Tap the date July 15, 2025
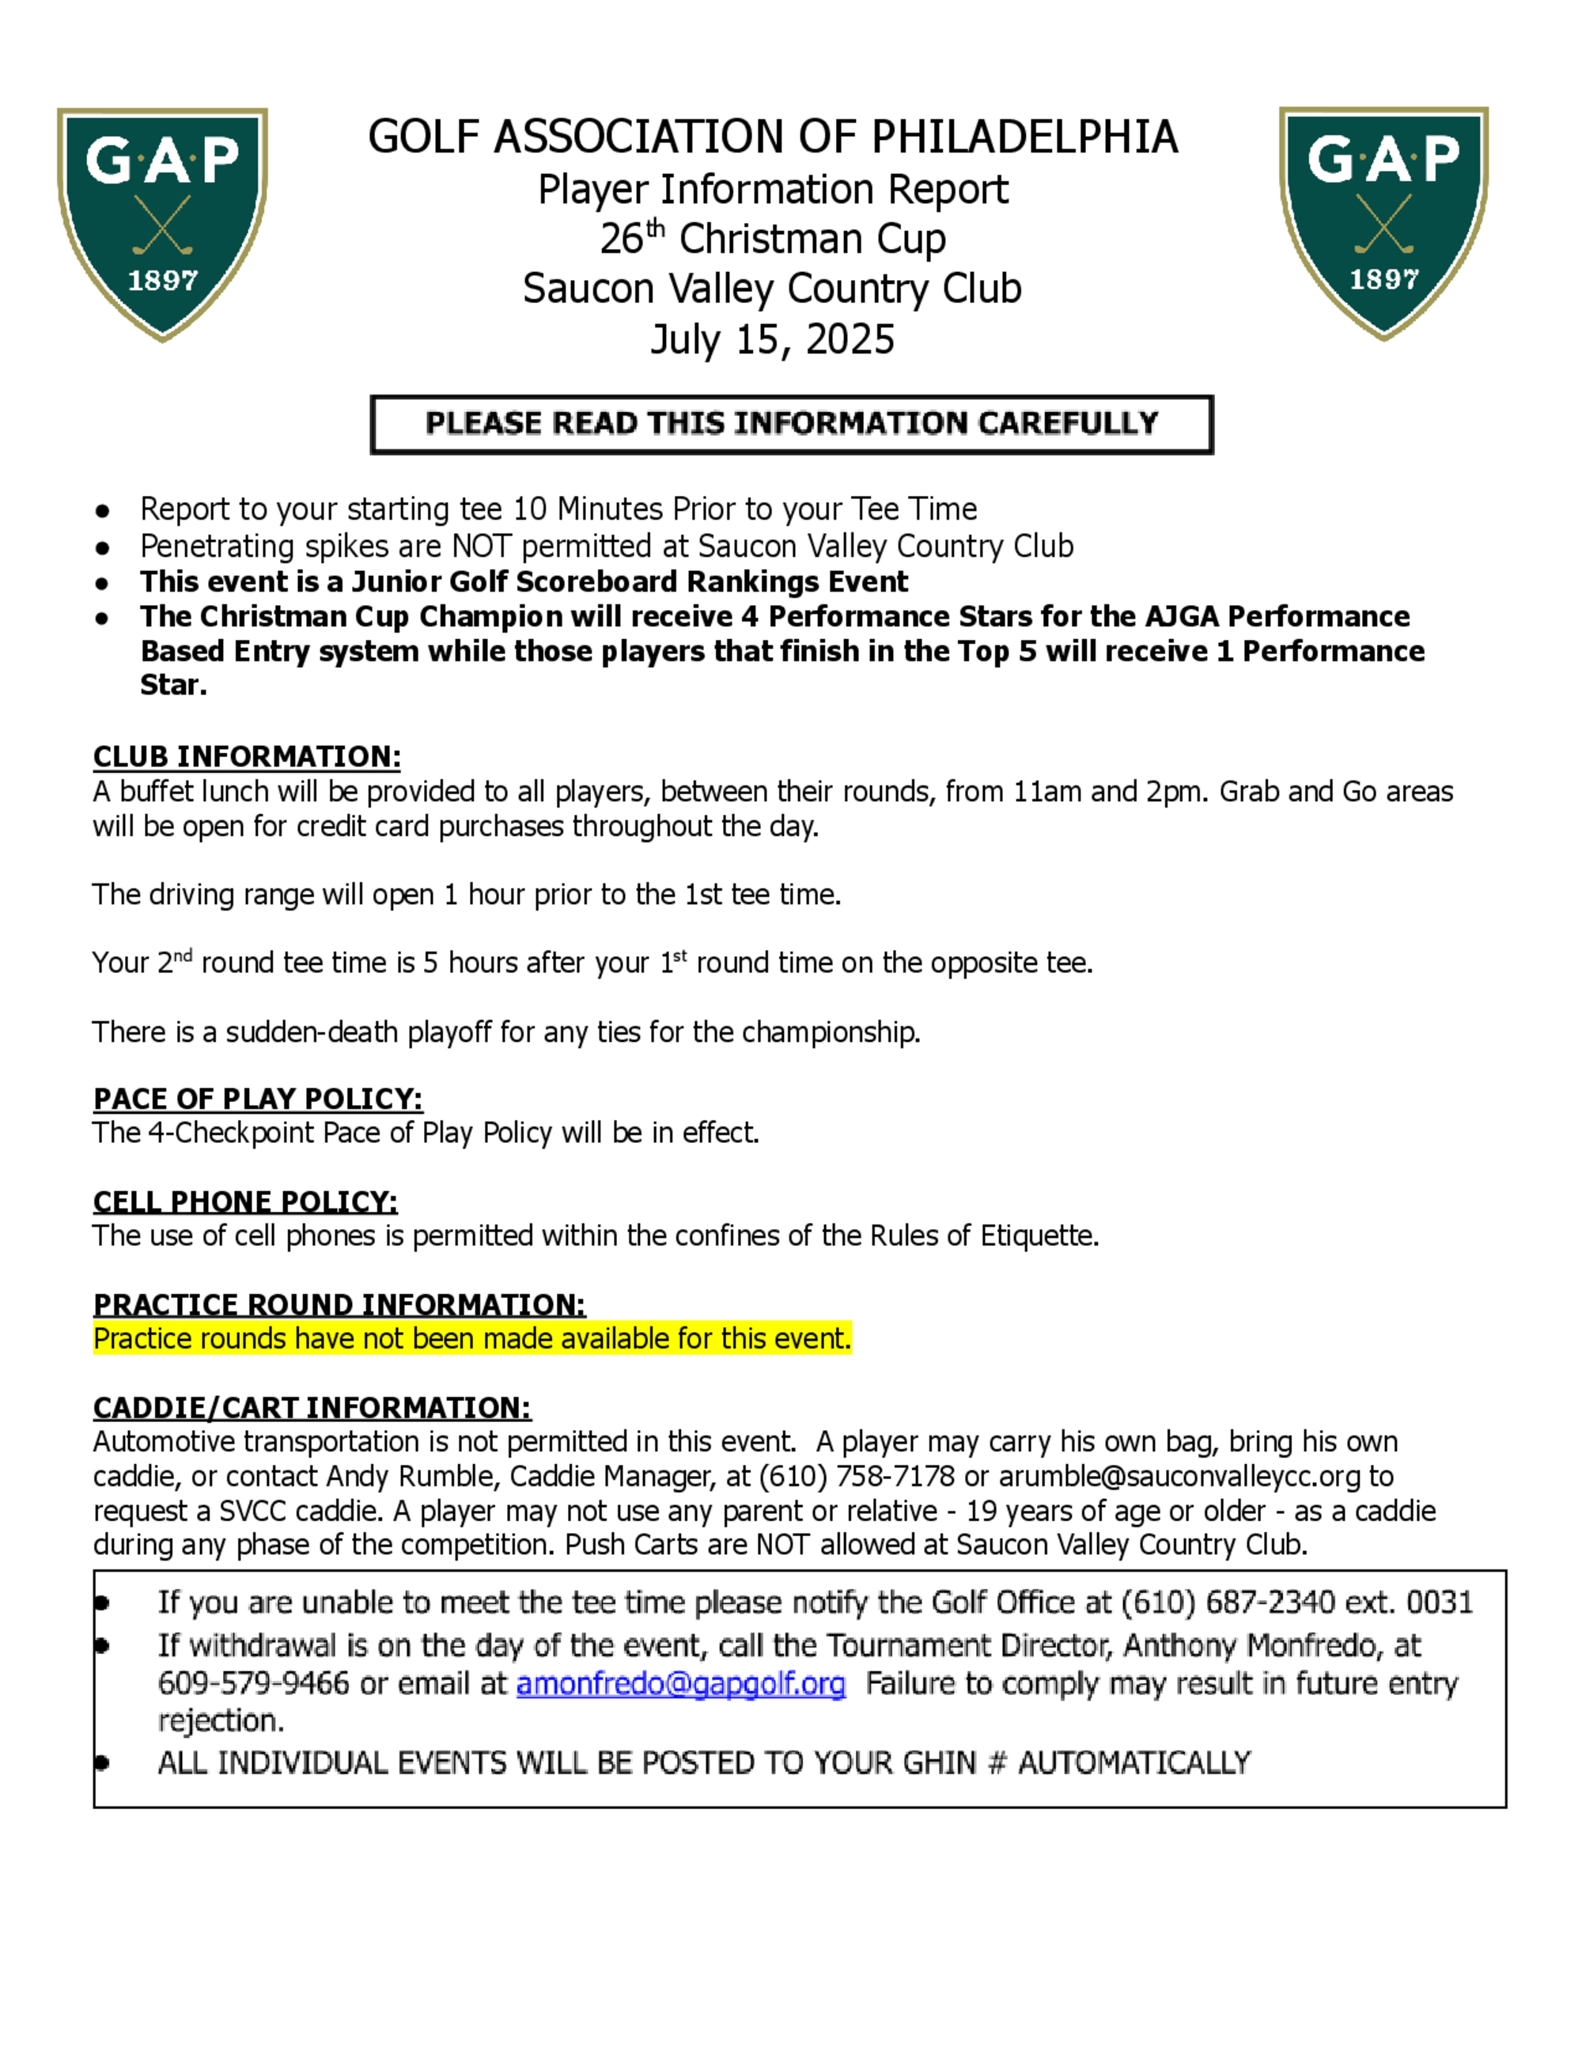tap(772, 339)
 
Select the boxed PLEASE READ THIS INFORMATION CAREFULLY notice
tap(791, 424)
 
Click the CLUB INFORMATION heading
tap(247, 756)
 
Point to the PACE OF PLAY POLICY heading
tap(258, 1099)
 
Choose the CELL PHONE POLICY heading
tap(244, 1201)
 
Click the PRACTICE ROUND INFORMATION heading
tap(339, 1304)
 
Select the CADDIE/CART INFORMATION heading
tap(312, 1408)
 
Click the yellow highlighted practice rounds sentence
tap(472, 1338)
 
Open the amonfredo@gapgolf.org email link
tap(680, 1684)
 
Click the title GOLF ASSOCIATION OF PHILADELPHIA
tap(772, 137)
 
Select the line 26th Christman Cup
tap(772, 239)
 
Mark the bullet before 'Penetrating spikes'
tap(102, 547)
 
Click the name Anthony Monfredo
tap(1254, 1645)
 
